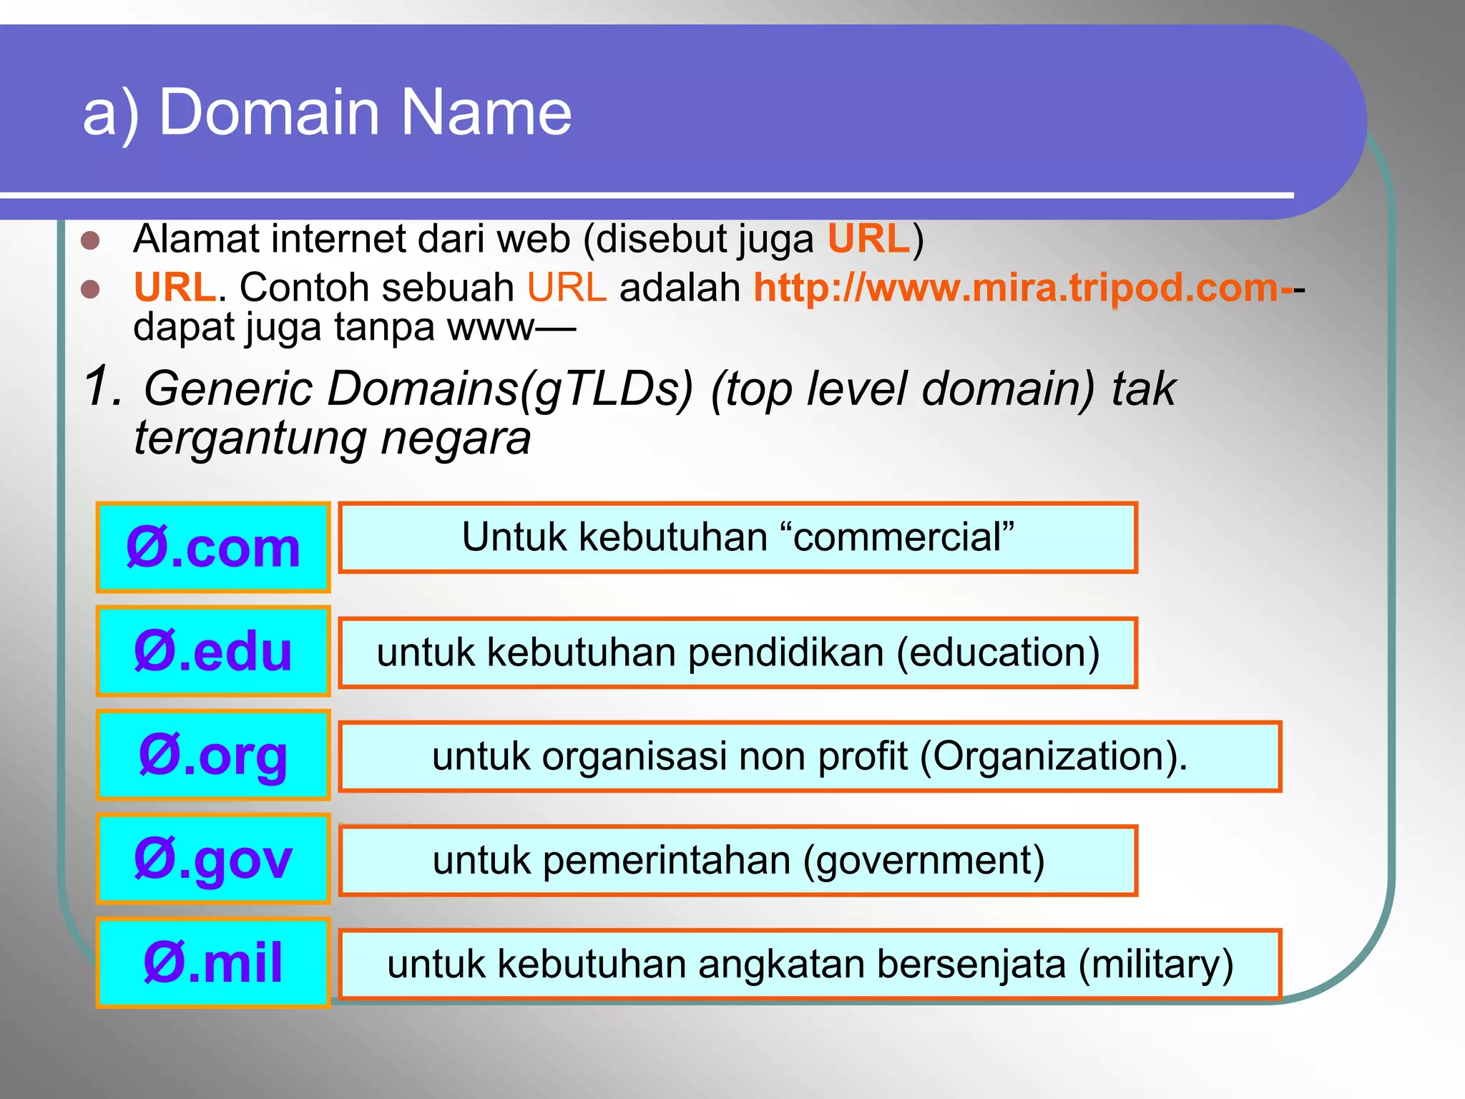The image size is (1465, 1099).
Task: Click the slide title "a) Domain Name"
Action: (x=327, y=112)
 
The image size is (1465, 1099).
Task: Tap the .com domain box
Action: (x=213, y=548)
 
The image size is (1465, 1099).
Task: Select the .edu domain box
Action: (x=213, y=652)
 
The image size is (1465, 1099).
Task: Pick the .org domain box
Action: (x=213, y=756)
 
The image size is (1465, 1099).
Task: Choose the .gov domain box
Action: (x=213, y=859)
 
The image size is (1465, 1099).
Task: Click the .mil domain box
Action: (x=213, y=963)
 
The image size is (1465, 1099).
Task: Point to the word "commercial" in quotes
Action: (x=903, y=537)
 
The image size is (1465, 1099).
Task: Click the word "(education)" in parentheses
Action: (x=998, y=653)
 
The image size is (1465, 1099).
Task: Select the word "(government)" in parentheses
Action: (x=923, y=860)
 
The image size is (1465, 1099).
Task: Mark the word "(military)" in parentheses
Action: (x=1156, y=964)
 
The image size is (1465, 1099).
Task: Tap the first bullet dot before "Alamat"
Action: (x=90, y=240)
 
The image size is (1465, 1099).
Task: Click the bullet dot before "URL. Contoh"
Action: (x=90, y=289)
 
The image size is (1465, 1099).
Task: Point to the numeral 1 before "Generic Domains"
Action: (x=99, y=386)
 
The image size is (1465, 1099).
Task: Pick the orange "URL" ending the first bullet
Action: (x=868, y=239)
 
